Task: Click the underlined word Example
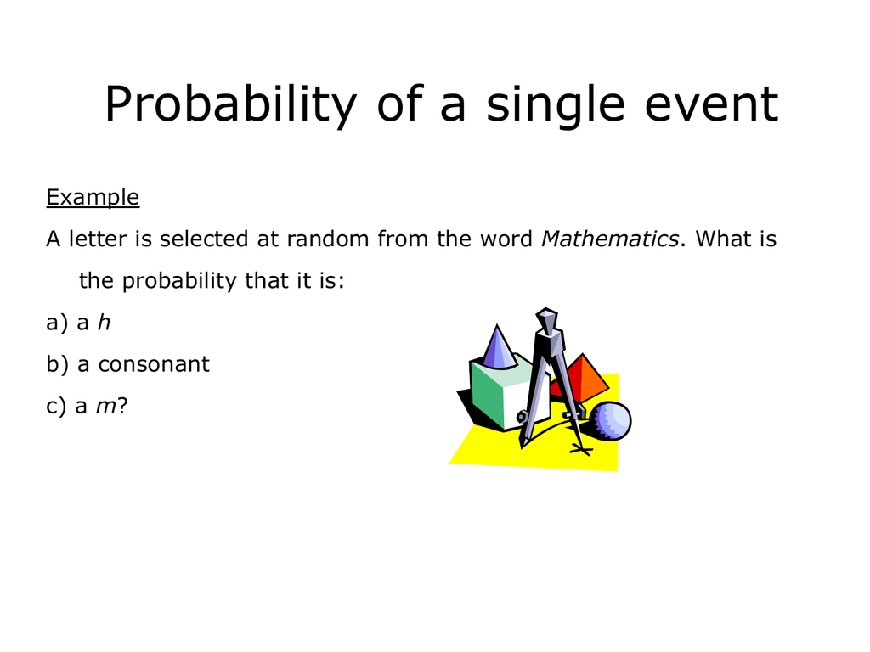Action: (93, 198)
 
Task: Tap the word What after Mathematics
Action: (723, 239)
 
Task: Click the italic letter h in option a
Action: (105, 323)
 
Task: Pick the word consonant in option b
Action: (154, 364)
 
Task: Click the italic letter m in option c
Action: (105, 407)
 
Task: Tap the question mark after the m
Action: (122, 407)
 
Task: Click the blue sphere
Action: (611, 421)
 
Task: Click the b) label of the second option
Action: (57, 364)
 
